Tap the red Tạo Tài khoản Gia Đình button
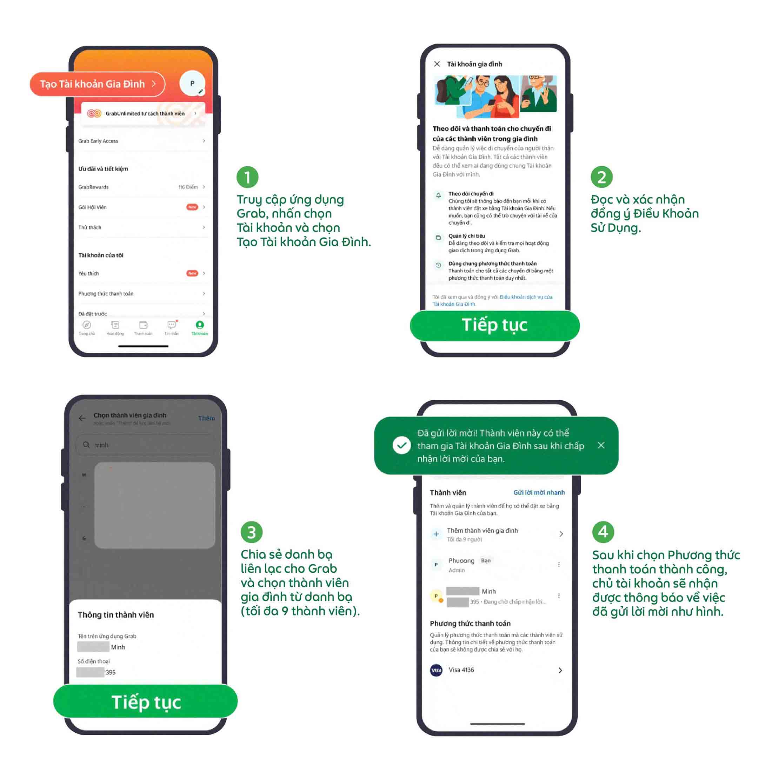(x=97, y=84)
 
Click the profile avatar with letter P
(x=192, y=83)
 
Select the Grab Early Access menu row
(x=142, y=141)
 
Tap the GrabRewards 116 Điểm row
(x=142, y=187)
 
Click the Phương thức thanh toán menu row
(x=142, y=293)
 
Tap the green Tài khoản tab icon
(x=199, y=325)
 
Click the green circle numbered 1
(x=247, y=177)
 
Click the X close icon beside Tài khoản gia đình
(x=437, y=64)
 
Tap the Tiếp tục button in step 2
(x=494, y=325)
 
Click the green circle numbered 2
(x=601, y=177)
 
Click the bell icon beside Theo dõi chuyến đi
(x=438, y=195)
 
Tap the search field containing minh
(x=146, y=445)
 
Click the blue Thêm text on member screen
(x=206, y=418)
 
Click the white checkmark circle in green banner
(x=401, y=445)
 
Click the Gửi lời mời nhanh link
(x=539, y=492)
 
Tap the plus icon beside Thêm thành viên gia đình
(x=436, y=534)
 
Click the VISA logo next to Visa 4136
(x=436, y=670)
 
